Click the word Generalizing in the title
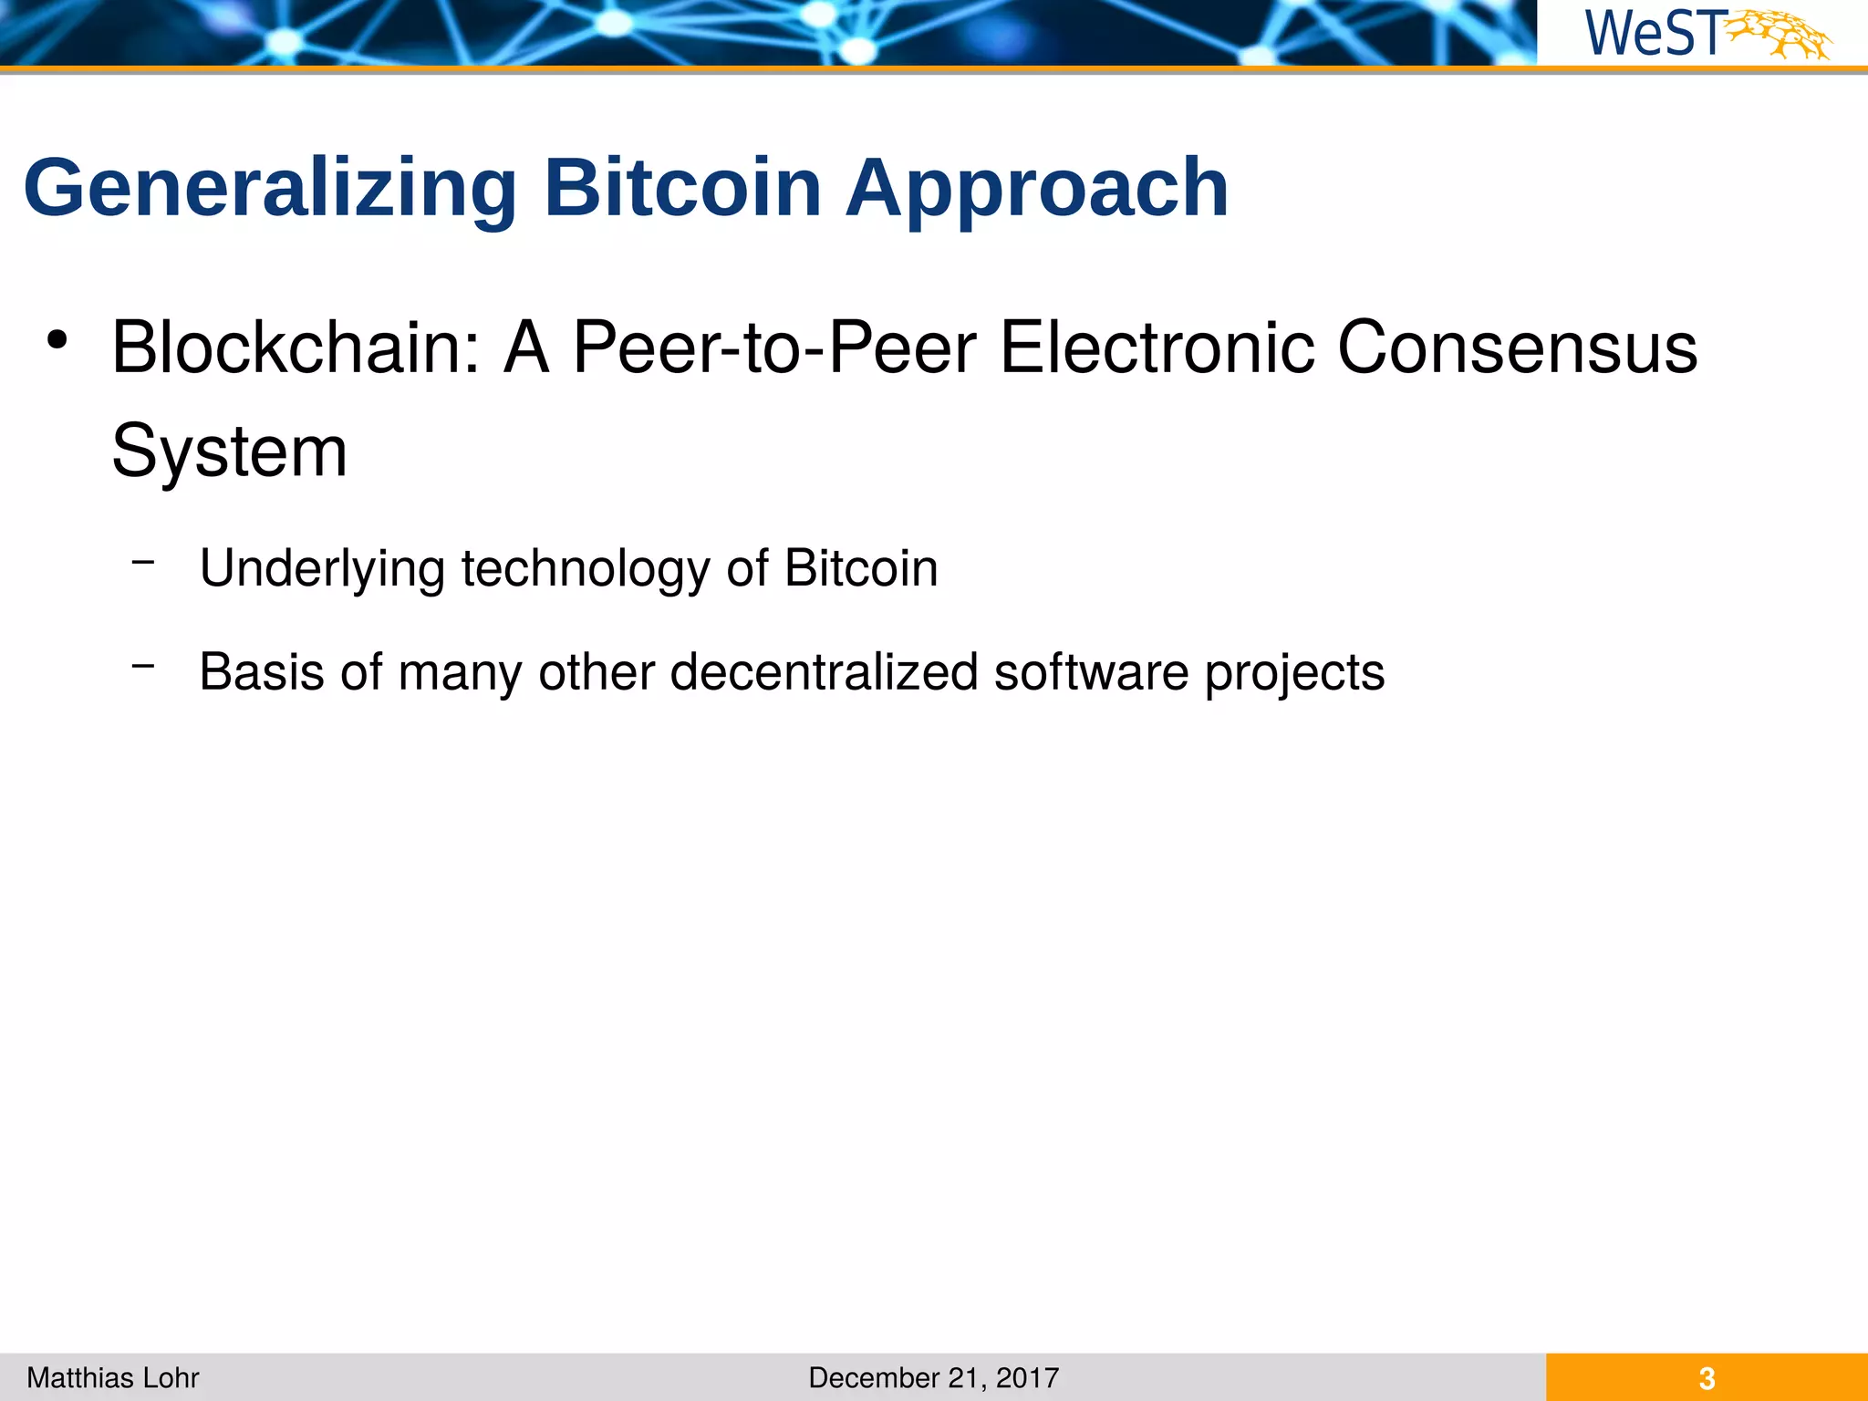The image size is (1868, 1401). point(270,189)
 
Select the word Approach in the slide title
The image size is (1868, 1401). point(1037,189)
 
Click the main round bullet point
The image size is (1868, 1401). point(57,341)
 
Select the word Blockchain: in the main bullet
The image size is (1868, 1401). point(296,348)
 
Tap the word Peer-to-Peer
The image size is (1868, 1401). point(774,348)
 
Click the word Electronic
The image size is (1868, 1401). point(1157,348)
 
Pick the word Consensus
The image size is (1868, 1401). point(1517,348)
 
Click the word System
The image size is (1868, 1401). point(229,451)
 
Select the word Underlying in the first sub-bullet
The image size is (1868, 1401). point(322,569)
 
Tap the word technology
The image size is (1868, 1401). point(585,569)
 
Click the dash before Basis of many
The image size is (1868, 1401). point(142,667)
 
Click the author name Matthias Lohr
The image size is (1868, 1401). point(113,1377)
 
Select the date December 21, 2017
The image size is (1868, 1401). point(933,1377)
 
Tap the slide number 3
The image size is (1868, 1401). point(1707,1378)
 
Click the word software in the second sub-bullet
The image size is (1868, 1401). point(1091,672)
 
